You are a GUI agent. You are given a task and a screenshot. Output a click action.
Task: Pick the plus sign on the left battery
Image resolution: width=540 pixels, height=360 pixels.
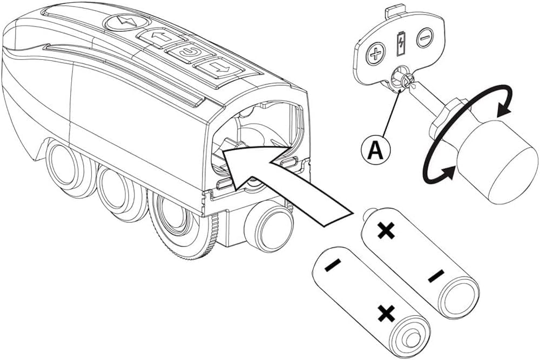coord(385,313)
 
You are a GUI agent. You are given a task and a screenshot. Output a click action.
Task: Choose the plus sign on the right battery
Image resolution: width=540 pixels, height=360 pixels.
coord(386,231)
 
